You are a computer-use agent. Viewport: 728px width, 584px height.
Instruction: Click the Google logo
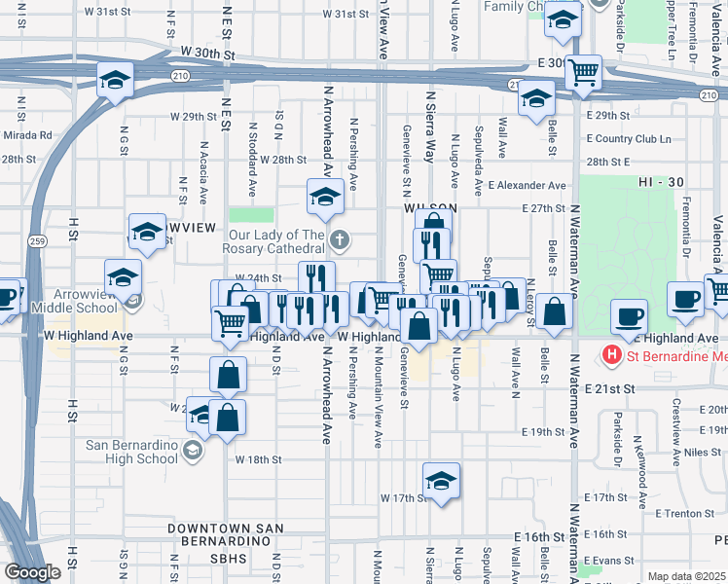click(32, 572)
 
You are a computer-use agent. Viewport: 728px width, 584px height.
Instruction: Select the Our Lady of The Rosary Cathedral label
click(276, 240)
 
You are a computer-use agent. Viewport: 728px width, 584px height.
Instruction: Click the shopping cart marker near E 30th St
click(583, 71)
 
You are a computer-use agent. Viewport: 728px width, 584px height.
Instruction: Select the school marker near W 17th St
click(441, 481)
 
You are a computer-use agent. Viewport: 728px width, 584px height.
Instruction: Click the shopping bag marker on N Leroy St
click(554, 311)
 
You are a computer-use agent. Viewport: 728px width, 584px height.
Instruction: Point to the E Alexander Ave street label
click(527, 185)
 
